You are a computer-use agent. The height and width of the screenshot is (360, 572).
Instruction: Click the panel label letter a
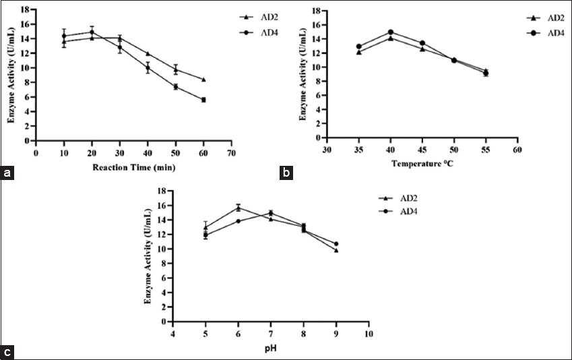click(x=8, y=174)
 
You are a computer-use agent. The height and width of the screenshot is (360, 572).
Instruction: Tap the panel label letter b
click(x=286, y=174)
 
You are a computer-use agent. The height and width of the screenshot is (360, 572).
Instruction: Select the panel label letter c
click(x=8, y=351)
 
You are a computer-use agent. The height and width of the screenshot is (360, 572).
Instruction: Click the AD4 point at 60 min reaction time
click(x=203, y=100)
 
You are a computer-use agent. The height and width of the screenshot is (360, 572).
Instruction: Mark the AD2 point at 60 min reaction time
click(x=203, y=80)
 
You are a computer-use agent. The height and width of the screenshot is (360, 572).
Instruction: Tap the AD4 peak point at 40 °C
click(x=389, y=32)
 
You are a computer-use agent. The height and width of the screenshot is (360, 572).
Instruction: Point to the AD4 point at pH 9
click(x=336, y=243)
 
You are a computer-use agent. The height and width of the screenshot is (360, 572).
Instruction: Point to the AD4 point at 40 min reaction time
click(x=148, y=67)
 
